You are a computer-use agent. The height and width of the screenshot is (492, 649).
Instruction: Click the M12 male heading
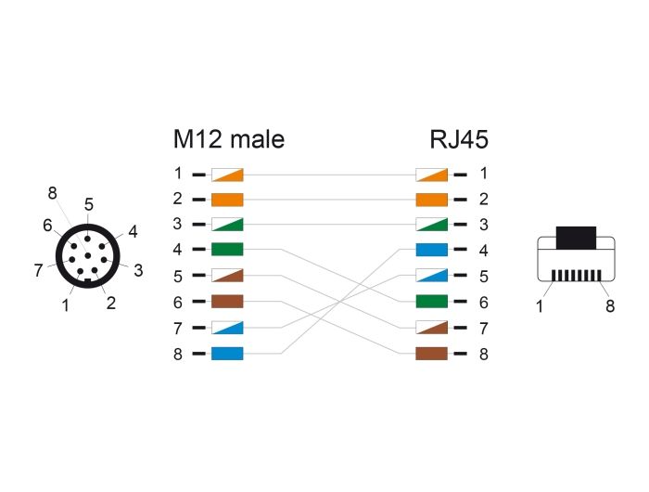(229, 139)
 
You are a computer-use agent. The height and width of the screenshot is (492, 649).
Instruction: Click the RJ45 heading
(459, 139)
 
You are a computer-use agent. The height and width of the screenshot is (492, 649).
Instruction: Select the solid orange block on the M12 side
(227, 200)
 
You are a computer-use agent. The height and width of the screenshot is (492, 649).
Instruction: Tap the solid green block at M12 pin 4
(227, 250)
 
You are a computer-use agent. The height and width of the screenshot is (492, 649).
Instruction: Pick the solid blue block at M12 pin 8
(227, 354)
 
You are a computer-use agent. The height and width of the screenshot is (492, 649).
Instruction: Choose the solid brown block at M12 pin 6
(227, 302)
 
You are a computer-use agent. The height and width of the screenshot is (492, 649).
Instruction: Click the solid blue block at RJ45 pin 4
(432, 250)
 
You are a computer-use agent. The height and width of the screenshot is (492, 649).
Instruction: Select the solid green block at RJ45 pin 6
(432, 302)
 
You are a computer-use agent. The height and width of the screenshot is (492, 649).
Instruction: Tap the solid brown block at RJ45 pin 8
(432, 354)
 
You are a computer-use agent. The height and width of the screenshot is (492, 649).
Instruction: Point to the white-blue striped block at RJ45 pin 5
(432, 275)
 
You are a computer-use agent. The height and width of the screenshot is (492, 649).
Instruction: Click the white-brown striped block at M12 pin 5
(227, 275)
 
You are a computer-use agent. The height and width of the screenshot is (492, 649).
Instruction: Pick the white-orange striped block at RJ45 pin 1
(432, 175)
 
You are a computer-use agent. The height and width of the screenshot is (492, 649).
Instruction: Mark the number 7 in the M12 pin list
(178, 329)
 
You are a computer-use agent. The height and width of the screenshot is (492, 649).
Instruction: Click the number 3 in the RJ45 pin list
(483, 225)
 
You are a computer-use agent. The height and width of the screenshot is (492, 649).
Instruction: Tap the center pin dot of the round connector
(88, 255)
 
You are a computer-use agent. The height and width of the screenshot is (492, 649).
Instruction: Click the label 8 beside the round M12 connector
(52, 193)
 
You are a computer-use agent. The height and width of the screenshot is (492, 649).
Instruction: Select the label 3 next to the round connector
(138, 270)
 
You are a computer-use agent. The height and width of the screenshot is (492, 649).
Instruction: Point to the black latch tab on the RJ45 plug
(576, 238)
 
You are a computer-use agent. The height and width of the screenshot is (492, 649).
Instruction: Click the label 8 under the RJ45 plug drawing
(610, 306)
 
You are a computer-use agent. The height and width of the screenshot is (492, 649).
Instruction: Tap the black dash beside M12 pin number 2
(198, 200)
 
